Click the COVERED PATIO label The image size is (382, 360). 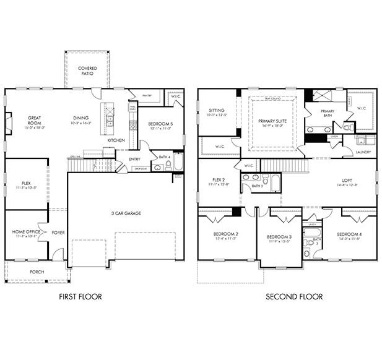(x=86, y=71)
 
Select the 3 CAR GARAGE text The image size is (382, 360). (x=126, y=213)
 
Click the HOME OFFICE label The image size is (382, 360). (x=25, y=232)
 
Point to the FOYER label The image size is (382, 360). (x=58, y=233)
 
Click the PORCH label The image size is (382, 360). (x=37, y=272)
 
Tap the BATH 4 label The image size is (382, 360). (x=165, y=157)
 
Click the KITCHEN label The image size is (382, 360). (x=116, y=140)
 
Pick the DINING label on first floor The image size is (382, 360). (x=80, y=118)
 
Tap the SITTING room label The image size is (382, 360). (x=217, y=111)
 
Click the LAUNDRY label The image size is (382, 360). (x=363, y=152)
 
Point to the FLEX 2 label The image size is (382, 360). (x=217, y=180)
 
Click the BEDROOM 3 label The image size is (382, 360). (x=279, y=237)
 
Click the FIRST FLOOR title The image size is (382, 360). (x=80, y=297)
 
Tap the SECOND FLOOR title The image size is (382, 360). (x=294, y=297)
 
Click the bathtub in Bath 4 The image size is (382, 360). (x=178, y=163)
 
